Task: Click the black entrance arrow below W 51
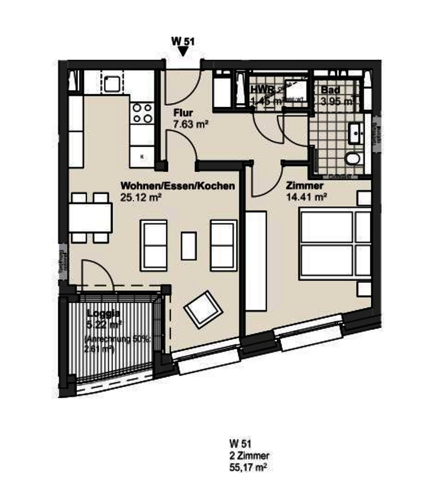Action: pyautogui.click(x=183, y=51)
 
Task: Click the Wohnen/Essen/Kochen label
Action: pyautogui.click(x=178, y=186)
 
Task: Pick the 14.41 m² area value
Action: pyautogui.click(x=305, y=197)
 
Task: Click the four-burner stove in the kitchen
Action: pyautogui.click(x=142, y=112)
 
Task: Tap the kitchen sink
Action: pyautogui.click(x=113, y=83)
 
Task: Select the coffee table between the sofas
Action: pyautogui.click(x=188, y=245)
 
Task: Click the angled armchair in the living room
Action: pyautogui.click(x=204, y=309)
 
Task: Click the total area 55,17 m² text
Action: pyautogui.click(x=248, y=465)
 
